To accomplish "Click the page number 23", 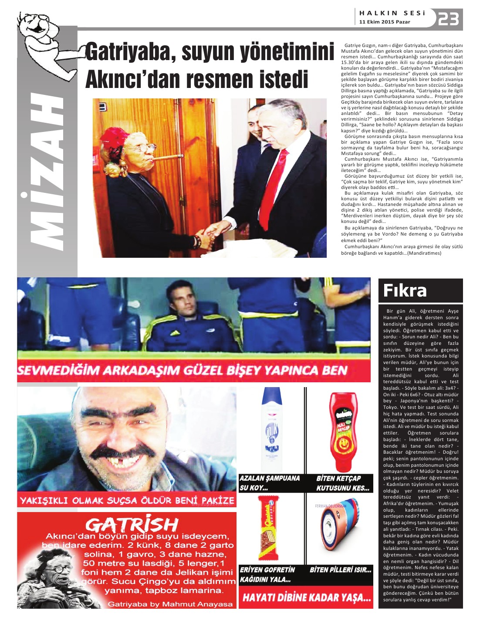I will pos(448,20).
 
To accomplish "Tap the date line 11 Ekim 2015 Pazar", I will pos(385,22).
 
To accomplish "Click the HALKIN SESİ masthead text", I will pos(392,13).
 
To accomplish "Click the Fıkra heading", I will pos(405,290).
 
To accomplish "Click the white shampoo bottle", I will pos(271,429).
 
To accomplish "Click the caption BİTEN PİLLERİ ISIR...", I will pos(340,570).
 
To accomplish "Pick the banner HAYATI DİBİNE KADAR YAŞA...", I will pos(306,597).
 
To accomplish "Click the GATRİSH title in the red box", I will pos(132,524).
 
